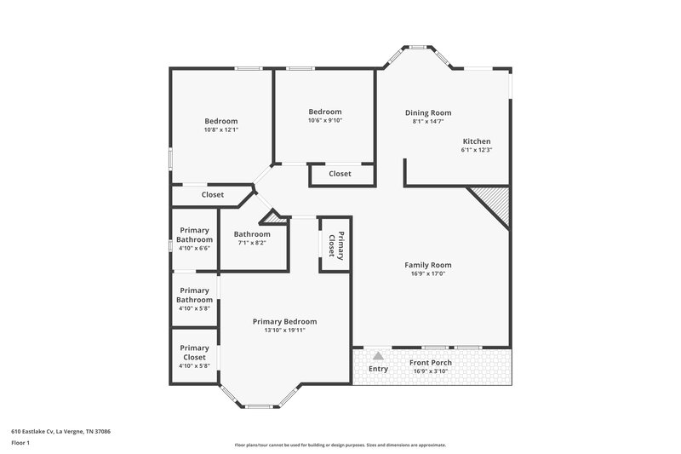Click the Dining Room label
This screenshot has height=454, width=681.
pos(427,112)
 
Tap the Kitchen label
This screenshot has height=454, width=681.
pos(476,141)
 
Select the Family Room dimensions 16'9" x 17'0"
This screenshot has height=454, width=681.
pos(427,273)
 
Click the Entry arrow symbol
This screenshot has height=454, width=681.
pos(378,357)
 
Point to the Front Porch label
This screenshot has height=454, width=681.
pos(430,362)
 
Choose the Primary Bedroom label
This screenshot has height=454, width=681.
pos(284,321)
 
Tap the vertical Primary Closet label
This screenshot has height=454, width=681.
pos(335,244)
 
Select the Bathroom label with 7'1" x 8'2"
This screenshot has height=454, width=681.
pos(252,234)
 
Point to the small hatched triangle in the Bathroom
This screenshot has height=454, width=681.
pos(274,218)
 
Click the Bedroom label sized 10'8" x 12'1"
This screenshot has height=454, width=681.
pos(220,121)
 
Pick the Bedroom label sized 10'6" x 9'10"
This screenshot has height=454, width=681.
pos(324,112)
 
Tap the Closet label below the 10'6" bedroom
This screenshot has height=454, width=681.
pos(340,174)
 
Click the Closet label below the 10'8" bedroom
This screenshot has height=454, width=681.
pos(212,195)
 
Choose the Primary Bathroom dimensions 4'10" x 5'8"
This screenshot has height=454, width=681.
pos(195,308)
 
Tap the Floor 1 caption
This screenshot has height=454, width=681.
pos(21,443)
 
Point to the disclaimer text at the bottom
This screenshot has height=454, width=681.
pos(340,445)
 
